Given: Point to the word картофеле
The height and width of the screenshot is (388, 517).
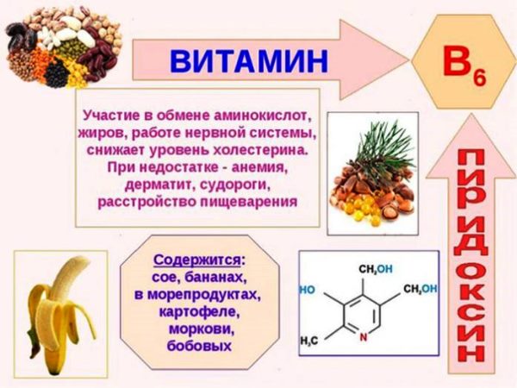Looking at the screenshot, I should coord(199,310).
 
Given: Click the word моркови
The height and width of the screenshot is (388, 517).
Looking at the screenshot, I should coord(199,328).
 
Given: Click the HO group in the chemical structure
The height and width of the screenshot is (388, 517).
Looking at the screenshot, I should coord(308,291).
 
